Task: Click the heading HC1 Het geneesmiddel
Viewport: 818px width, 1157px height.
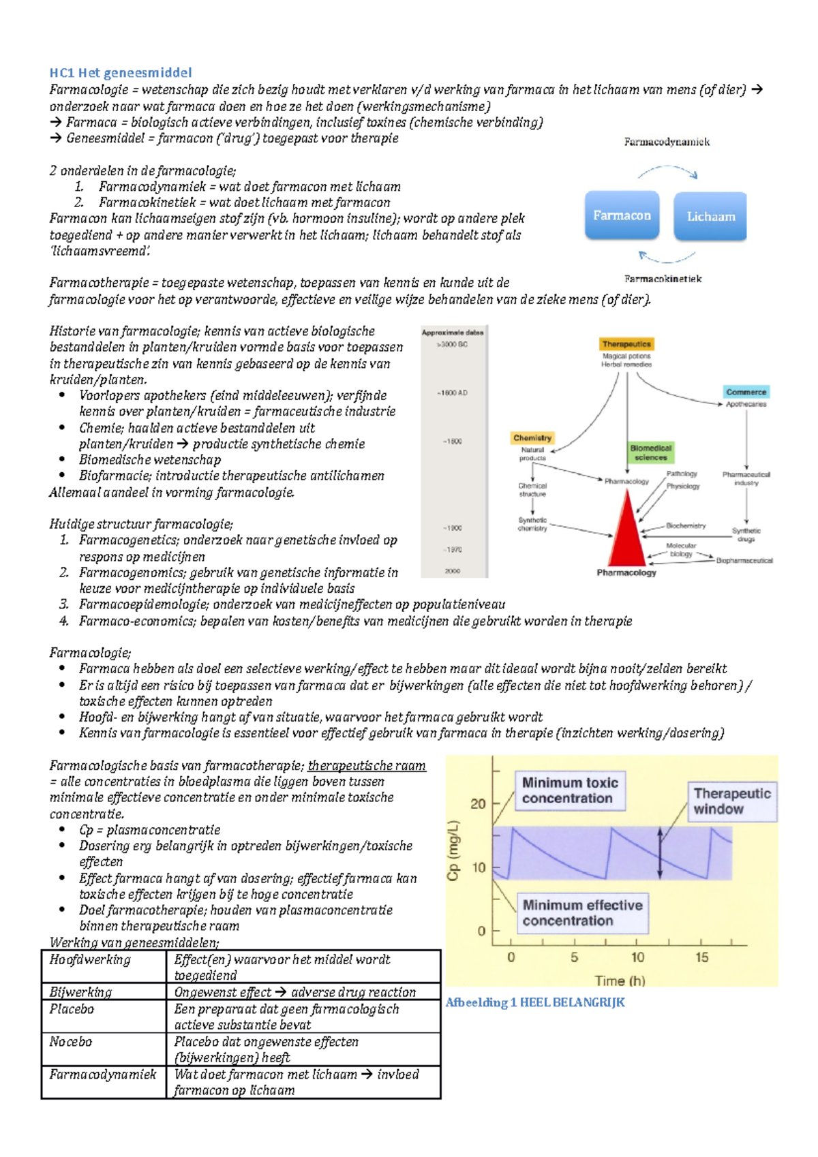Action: coord(120,73)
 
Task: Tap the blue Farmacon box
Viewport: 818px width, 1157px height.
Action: coord(622,216)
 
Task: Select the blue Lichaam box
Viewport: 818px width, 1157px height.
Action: coord(710,217)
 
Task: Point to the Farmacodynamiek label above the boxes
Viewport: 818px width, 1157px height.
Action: coord(667,142)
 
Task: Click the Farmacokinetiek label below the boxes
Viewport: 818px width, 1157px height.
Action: coord(663,279)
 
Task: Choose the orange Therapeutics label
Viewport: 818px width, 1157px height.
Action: coord(626,344)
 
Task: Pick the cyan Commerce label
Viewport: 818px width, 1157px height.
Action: coord(746,392)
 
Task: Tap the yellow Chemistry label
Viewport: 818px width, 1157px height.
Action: coord(532,437)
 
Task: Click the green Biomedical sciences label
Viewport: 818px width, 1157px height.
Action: coord(650,452)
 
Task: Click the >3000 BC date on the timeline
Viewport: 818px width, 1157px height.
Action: coord(453,345)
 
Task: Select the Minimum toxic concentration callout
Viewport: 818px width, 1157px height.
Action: coord(570,790)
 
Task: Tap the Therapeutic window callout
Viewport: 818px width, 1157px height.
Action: coord(731,801)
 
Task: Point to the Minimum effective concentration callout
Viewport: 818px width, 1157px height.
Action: coord(582,913)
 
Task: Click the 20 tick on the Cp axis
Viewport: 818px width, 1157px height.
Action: coord(479,804)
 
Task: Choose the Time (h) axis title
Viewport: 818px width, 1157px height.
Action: coord(620,981)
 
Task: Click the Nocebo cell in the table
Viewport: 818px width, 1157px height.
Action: coord(70,1042)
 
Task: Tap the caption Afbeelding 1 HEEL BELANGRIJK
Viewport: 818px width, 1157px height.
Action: coord(535,1002)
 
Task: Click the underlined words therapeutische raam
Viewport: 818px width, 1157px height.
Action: coord(367,766)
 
